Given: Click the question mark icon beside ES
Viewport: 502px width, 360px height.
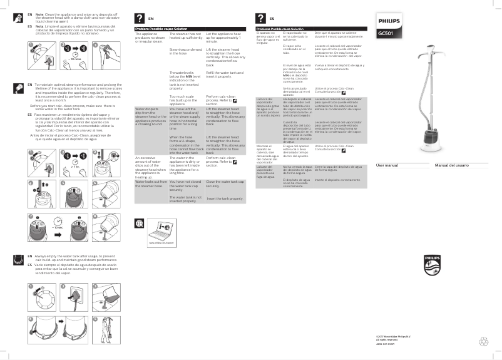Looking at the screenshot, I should tap(260, 19).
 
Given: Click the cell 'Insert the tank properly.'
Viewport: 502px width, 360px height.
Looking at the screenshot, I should tap(224, 198).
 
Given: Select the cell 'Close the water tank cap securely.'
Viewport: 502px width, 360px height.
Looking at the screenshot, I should tap(224, 184).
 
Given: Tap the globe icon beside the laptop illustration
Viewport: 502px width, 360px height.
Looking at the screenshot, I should tap(139, 224).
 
